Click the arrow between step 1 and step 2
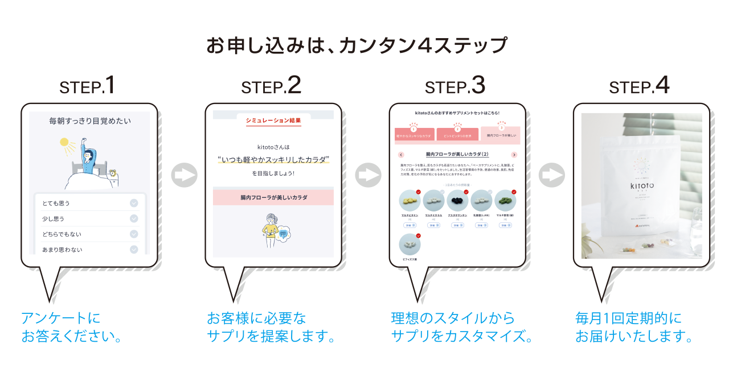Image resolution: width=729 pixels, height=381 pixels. click(x=184, y=176)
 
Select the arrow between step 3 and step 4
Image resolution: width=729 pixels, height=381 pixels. click(x=552, y=176)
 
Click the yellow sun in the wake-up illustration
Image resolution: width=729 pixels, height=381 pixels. click(x=64, y=142)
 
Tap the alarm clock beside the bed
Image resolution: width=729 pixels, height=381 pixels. click(x=114, y=173)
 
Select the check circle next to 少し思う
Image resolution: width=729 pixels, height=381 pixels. click(x=134, y=218)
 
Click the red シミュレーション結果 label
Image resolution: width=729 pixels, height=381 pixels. click(x=273, y=121)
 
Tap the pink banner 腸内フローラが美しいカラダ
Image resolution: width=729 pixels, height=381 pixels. click(x=273, y=197)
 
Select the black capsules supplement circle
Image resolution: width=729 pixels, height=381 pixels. click(x=457, y=201)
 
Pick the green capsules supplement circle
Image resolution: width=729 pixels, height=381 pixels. click(x=504, y=201)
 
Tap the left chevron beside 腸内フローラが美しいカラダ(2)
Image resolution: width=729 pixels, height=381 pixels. click(x=401, y=155)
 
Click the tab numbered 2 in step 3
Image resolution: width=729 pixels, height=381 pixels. click(x=457, y=134)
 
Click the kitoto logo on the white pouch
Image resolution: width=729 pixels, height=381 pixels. click(x=641, y=184)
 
